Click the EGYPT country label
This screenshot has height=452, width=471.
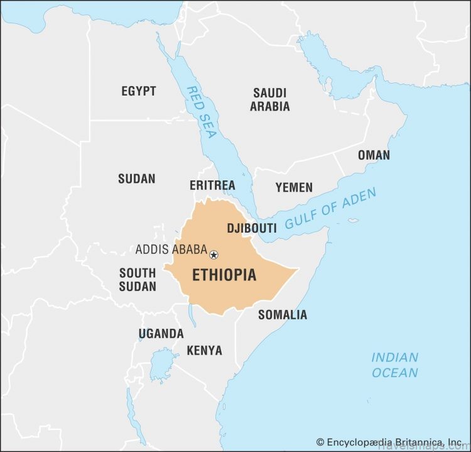(x=138, y=91)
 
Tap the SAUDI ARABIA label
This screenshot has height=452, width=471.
(x=270, y=99)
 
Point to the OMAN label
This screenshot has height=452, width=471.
(x=374, y=155)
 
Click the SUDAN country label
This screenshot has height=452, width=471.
(x=136, y=179)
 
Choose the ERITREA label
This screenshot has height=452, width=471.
(x=212, y=185)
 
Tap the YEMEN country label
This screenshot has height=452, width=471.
(x=293, y=187)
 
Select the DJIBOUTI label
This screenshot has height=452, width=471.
(x=251, y=228)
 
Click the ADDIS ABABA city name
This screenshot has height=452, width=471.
(x=171, y=250)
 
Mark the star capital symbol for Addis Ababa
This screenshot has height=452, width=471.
(x=214, y=255)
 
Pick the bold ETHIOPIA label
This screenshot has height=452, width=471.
(x=224, y=275)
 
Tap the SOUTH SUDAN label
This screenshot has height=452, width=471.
(x=138, y=280)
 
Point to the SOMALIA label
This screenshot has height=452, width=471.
(x=283, y=314)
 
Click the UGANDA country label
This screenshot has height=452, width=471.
(x=161, y=334)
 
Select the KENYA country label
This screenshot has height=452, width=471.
(x=204, y=350)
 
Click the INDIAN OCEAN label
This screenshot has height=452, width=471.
(x=394, y=365)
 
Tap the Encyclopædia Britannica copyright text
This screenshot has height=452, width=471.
(x=389, y=443)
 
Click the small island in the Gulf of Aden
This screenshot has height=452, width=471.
(x=353, y=221)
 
